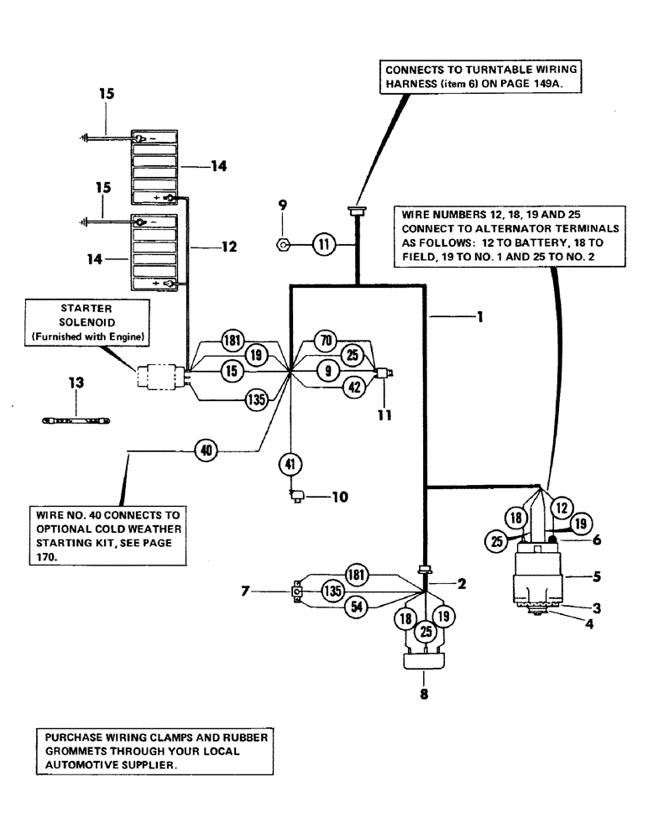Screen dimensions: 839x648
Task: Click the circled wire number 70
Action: [325, 341]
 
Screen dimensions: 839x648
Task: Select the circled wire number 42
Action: [355, 387]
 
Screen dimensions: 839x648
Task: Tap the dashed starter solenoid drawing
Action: [159, 377]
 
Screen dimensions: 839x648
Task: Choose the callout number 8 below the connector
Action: [424, 696]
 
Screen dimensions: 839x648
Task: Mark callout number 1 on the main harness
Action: [479, 317]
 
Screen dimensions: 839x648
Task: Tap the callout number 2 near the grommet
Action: [461, 581]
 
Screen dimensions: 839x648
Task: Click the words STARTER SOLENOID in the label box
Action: [87, 314]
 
